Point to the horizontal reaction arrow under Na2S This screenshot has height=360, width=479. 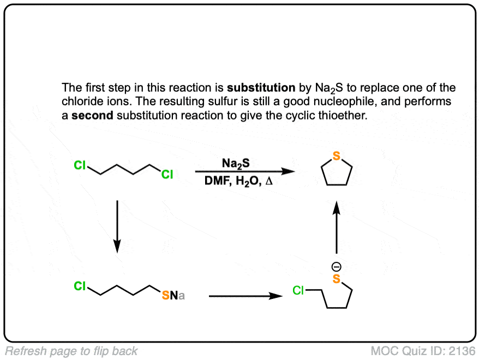coord(246,172)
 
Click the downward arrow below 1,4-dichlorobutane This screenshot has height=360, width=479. coord(117,226)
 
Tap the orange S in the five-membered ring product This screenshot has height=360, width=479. coord(337,157)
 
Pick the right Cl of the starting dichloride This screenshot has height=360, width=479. coord(167,175)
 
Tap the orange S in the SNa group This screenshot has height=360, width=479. coord(166,296)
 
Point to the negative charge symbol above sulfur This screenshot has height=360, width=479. coord(337,267)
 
